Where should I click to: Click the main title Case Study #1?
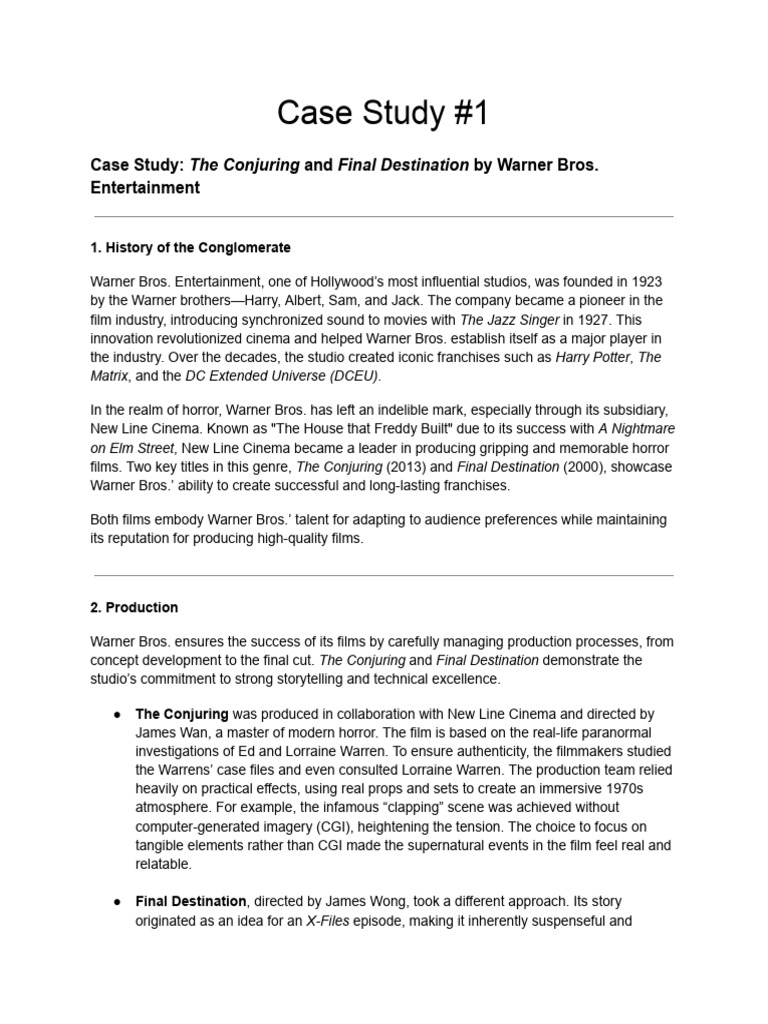tap(384, 114)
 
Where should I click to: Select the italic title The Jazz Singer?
tap(508, 320)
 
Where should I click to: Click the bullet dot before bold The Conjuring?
tap(117, 715)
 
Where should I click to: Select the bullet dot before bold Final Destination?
tap(117, 902)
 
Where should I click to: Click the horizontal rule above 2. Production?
tap(384, 575)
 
